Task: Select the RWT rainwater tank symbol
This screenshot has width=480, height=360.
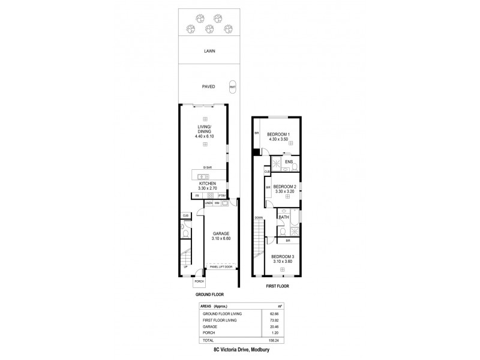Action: tap(232, 86)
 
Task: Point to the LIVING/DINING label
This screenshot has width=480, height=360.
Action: tap(205, 131)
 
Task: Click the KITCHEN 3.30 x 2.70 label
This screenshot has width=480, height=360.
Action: tap(205, 185)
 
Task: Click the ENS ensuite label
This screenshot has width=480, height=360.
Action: tap(289, 161)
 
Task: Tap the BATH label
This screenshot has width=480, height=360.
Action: tap(284, 217)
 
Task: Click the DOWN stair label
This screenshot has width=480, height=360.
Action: tap(258, 217)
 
